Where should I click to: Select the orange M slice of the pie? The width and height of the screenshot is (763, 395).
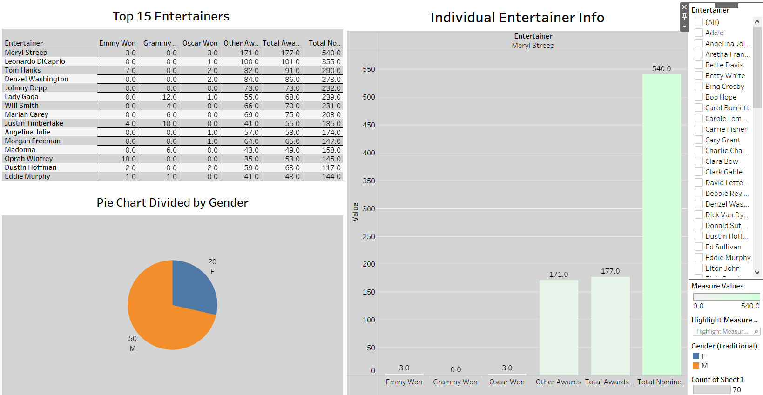158,321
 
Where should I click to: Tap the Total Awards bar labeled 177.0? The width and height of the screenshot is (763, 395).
610,326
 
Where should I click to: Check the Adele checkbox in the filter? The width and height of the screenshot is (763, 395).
699,33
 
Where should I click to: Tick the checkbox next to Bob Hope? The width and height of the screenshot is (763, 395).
699,97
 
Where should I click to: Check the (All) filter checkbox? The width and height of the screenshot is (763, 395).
699,22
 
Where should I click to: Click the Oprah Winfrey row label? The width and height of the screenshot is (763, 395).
29,159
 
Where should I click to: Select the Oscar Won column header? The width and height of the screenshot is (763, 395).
200,43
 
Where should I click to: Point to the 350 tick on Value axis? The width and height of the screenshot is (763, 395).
369,181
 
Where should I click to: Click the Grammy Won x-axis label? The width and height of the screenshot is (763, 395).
455,382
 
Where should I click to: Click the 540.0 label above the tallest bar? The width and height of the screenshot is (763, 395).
662,69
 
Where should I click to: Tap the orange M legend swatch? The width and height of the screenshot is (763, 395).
696,366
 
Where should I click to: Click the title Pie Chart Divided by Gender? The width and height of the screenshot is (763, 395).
172,202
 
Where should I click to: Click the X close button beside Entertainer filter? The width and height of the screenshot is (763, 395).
684,7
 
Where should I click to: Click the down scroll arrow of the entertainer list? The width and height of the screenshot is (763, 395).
757,272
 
